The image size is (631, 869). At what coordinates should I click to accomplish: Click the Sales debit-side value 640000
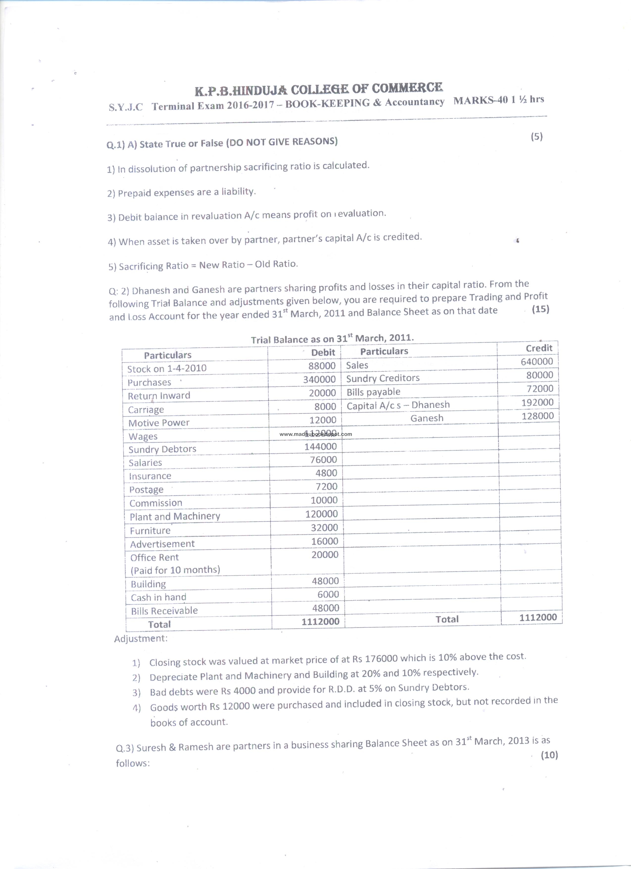[x=537, y=361]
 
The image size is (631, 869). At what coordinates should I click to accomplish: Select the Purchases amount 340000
[x=319, y=379]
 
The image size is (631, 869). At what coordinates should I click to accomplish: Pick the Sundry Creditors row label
[x=383, y=378]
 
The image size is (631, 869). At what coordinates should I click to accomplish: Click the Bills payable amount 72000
[x=540, y=388]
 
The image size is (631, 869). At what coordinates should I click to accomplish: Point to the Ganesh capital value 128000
[x=537, y=416]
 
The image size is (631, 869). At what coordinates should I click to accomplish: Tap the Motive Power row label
[x=159, y=423]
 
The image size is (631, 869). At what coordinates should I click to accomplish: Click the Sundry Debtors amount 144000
[x=320, y=446]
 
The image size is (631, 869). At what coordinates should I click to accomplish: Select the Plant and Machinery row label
[x=175, y=516]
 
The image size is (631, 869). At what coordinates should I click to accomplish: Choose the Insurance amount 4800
[x=326, y=473]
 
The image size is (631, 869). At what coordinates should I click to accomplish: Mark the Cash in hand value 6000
[x=328, y=594]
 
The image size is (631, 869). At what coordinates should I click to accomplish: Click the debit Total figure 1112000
[x=320, y=621]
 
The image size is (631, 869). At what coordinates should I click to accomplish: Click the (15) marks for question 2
[x=540, y=309]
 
